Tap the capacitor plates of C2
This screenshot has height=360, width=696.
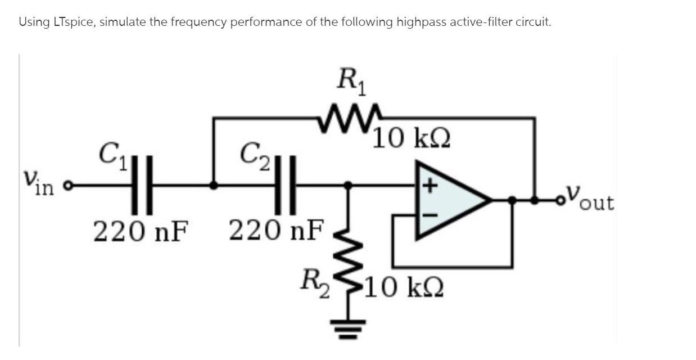(x=285, y=184)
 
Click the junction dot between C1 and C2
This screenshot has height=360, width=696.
(x=214, y=184)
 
